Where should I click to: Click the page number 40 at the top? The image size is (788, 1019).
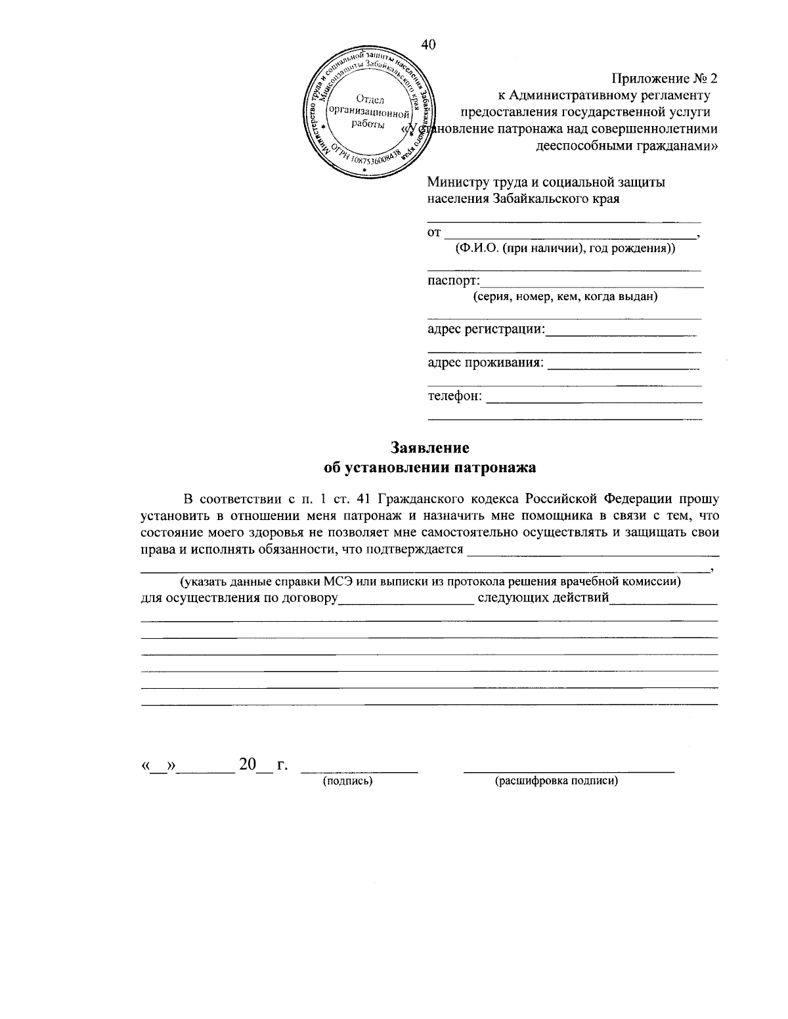428,44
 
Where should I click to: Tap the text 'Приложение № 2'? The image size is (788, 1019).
665,79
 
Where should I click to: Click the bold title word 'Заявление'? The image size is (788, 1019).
430,448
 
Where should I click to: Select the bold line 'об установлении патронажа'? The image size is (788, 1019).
430,468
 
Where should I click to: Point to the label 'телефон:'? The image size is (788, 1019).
455,397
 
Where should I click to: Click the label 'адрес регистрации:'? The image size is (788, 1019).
486,328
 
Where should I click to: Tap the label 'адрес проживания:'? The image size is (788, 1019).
486,362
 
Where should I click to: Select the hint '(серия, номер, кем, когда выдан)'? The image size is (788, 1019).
565,297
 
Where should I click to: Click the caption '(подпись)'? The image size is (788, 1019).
347,781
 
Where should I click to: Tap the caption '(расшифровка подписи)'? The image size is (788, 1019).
557,781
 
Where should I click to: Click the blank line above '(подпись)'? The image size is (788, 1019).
362,770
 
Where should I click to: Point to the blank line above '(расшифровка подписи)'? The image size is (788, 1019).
569,770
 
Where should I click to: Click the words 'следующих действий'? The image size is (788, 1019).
543,598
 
